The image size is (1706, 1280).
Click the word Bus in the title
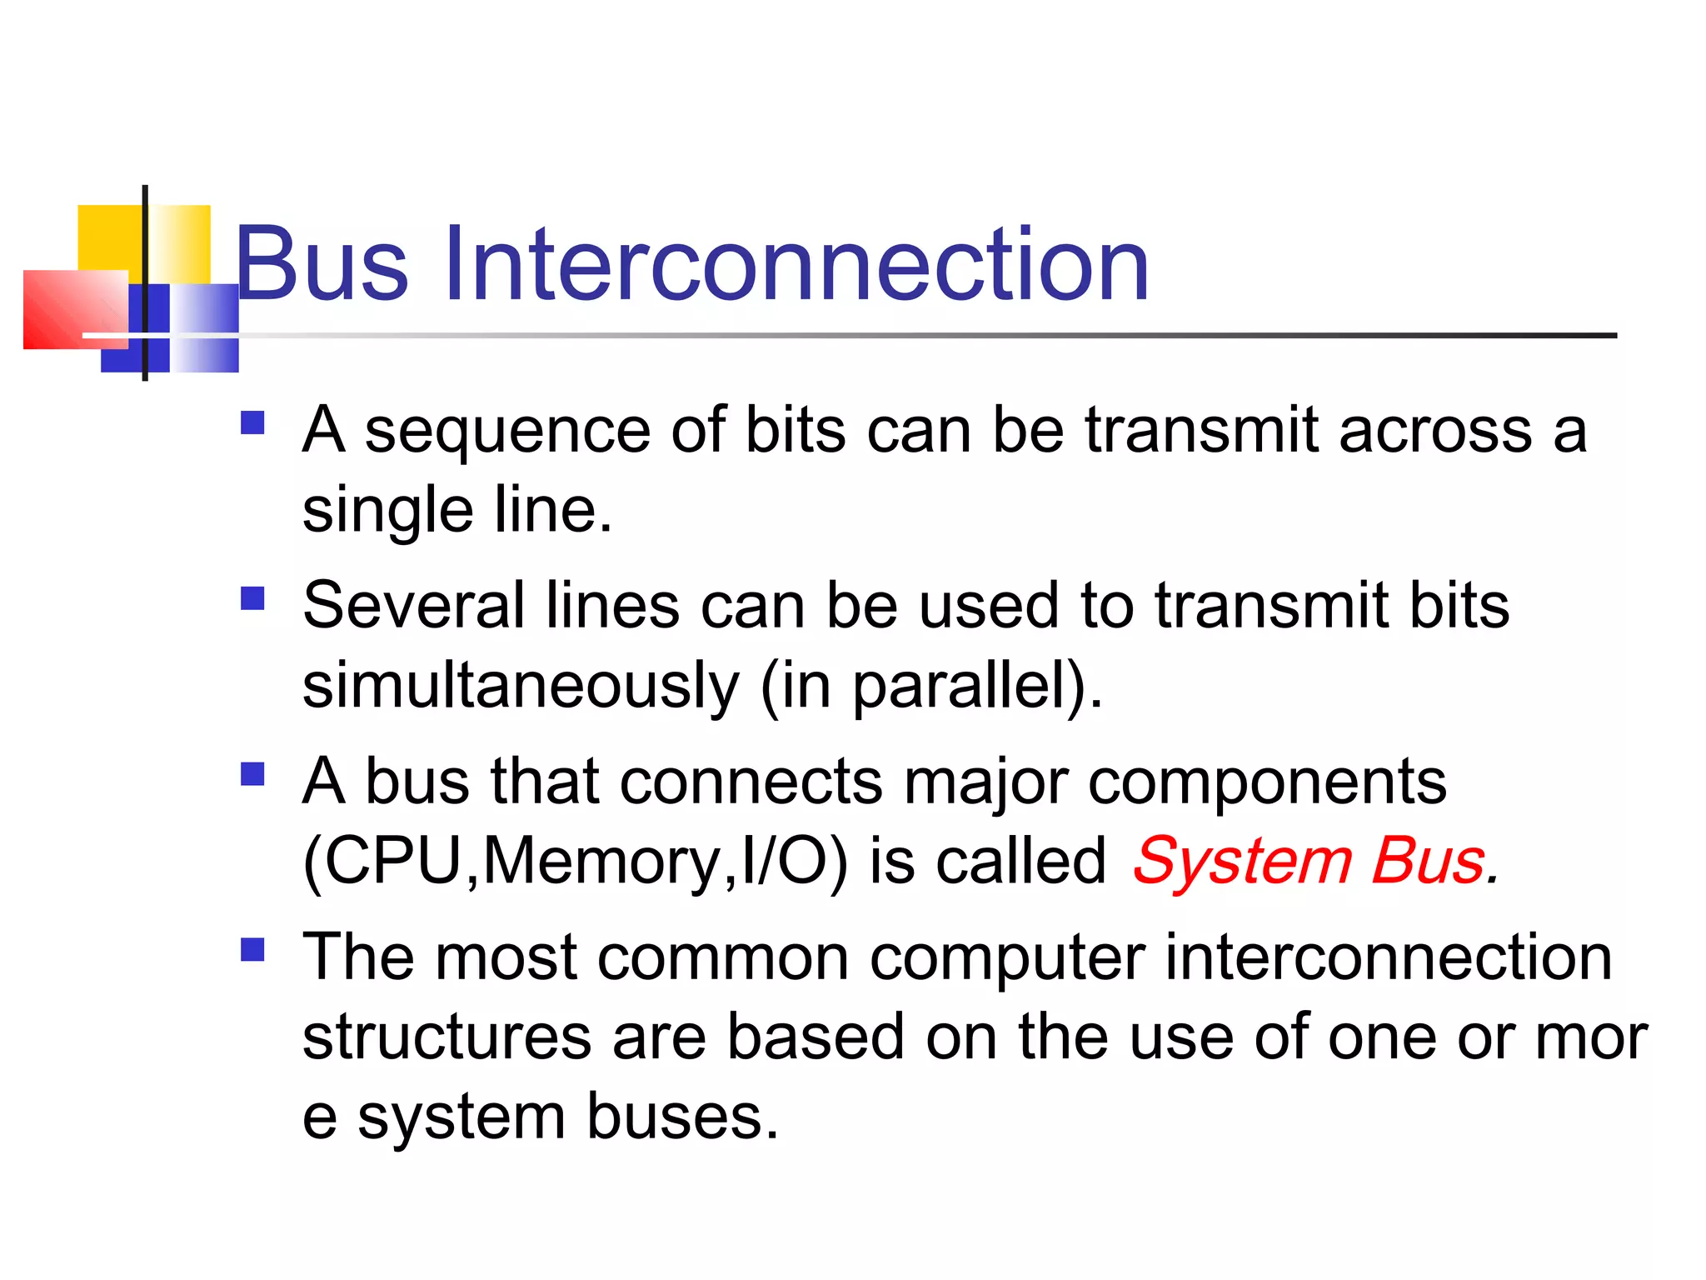pos(322,265)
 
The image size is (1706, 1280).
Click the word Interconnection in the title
pos(796,265)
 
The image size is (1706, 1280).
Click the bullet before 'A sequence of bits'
pos(252,423)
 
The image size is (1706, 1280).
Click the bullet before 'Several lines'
pos(252,598)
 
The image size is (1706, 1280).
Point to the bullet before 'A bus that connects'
pos(252,774)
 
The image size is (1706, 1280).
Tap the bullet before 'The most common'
pos(252,950)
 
